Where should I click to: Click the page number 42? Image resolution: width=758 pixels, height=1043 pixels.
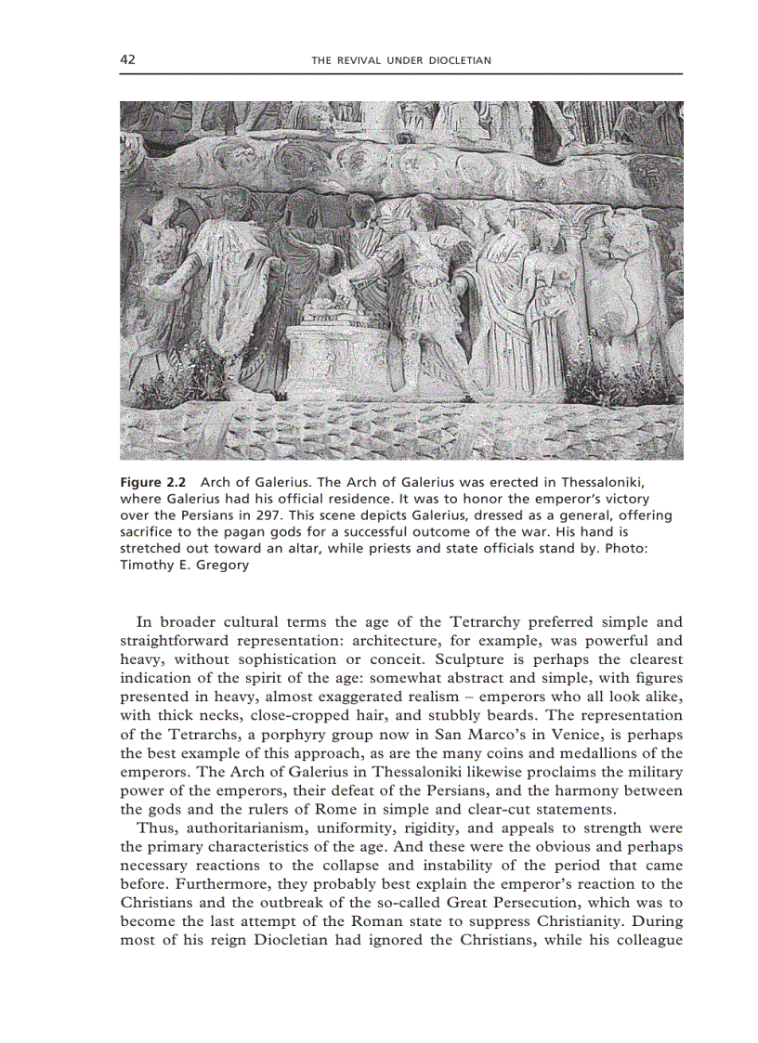128,60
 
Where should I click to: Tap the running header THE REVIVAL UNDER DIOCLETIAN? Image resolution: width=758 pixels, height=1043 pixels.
400,61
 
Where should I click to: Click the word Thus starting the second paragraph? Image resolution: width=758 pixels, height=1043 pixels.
152,828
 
